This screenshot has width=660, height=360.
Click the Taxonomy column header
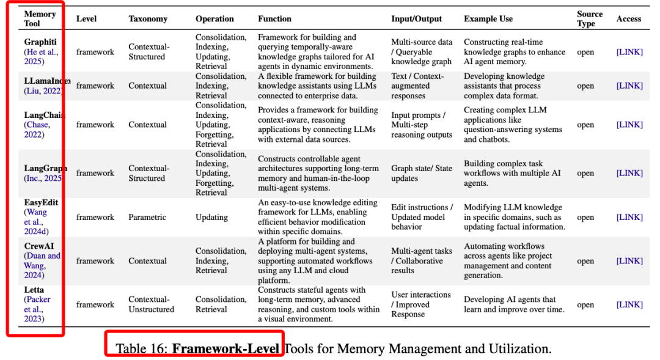(148, 19)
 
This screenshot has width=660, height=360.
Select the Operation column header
(215, 19)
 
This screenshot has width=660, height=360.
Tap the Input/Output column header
(416, 19)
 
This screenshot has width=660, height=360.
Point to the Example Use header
(488, 19)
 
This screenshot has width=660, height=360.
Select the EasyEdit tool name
(42, 202)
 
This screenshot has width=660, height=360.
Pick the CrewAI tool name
(39, 246)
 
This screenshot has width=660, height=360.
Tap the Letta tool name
(34, 290)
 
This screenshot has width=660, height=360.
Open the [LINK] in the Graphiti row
(629, 52)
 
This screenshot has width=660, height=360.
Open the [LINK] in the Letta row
(629, 304)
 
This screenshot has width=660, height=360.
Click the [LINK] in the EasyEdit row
(629, 217)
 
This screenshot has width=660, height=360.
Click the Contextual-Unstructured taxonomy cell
(151, 304)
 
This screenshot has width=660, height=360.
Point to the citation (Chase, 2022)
(37, 130)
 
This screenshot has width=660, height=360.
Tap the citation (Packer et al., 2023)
(37, 309)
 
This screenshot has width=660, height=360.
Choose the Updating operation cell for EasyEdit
(211, 217)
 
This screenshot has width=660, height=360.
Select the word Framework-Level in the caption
(226, 349)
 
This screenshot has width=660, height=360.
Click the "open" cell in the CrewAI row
(585, 261)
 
